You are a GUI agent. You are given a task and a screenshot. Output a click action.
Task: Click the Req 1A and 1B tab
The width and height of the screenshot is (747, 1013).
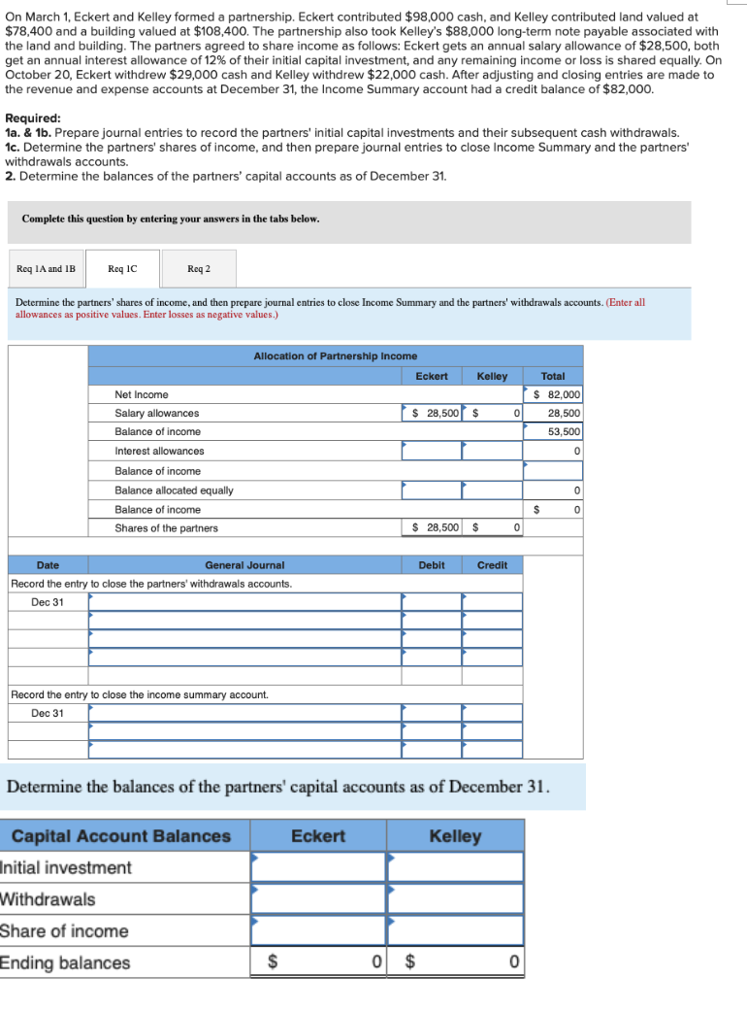click(46, 268)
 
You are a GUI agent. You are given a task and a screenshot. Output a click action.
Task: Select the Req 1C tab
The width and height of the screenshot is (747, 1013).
click(122, 268)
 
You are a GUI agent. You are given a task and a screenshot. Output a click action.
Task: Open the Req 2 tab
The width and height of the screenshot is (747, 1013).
click(198, 268)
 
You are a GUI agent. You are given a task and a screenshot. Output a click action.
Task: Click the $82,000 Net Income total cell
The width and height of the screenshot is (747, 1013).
click(554, 394)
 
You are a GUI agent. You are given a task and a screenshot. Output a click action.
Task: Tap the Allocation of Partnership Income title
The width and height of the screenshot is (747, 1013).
click(335, 356)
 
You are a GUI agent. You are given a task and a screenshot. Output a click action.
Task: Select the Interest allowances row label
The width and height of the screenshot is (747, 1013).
click(159, 451)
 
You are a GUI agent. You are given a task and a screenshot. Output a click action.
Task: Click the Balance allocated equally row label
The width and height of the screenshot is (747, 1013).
click(174, 490)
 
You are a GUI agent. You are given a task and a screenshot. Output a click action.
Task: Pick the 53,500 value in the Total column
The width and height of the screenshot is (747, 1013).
click(564, 432)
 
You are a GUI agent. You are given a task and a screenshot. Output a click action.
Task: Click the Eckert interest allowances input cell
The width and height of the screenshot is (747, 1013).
click(432, 451)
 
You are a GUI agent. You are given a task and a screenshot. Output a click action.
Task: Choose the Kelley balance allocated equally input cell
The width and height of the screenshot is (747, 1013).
click(492, 490)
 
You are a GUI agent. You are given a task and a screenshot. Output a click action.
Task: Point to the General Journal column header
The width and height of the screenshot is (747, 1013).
click(244, 564)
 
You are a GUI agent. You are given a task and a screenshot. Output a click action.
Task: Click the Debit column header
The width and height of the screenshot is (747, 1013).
click(432, 564)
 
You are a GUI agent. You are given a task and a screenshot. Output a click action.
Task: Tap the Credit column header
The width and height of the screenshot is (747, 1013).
click(492, 564)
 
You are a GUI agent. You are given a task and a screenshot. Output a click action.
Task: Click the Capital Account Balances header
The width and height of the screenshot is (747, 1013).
click(121, 836)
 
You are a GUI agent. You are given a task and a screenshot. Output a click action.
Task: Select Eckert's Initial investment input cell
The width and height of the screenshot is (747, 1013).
click(318, 867)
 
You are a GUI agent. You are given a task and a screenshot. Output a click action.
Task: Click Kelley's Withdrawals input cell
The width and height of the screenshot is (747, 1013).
click(455, 898)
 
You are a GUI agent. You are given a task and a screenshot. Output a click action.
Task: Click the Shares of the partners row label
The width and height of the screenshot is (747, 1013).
click(166, 528)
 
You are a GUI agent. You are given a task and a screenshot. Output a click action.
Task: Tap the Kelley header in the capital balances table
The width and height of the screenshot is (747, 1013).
click(455, 836)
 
